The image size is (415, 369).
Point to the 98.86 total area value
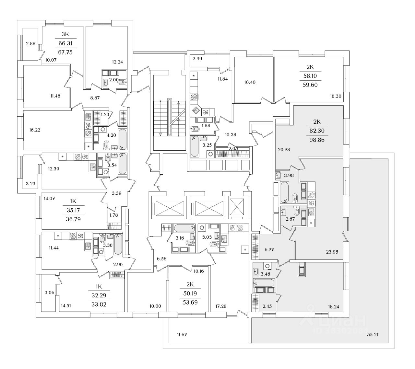tap(317, 140)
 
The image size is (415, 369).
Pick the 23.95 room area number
tap(331, 251)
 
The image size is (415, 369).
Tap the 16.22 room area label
tap(35, 130)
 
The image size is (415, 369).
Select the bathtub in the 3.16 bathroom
tap(184, 228)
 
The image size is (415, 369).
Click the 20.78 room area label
tap(284, 149)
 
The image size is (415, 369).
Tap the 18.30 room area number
tap(336, 96)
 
